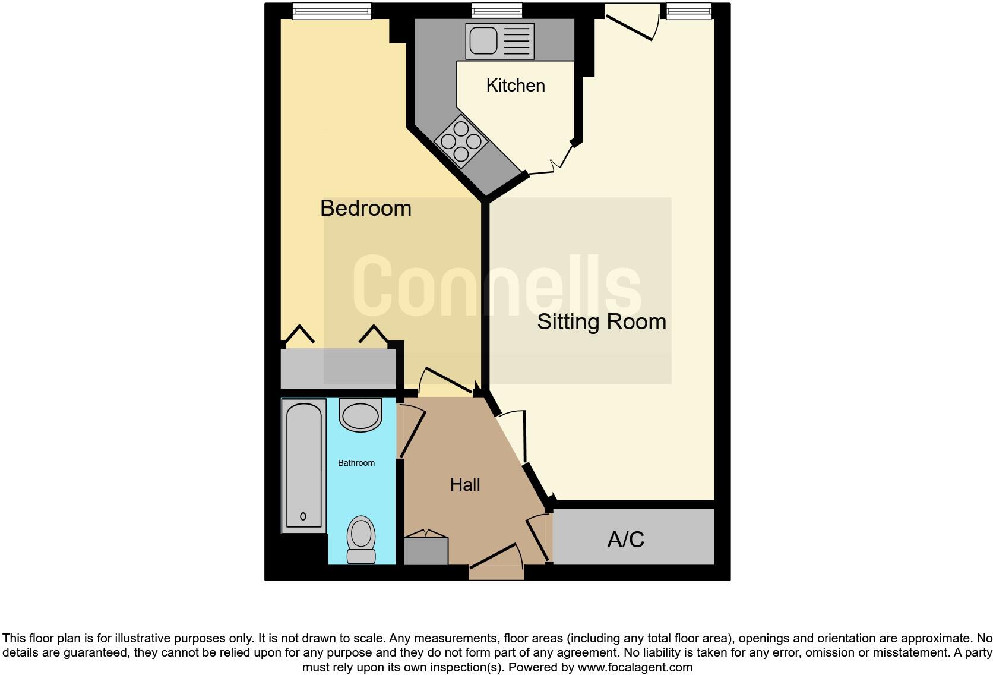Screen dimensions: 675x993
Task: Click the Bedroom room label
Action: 365,209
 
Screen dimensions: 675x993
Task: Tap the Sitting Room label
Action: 601,322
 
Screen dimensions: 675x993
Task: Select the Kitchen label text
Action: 515,86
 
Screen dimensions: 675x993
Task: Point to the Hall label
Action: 465,485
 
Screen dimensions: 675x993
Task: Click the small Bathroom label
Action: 356,463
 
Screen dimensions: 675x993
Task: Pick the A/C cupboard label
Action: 626,540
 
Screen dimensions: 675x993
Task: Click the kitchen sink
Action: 491,41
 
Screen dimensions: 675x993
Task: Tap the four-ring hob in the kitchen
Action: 461,141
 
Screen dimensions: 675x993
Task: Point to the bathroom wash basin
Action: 360,415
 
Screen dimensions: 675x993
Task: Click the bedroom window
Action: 332,11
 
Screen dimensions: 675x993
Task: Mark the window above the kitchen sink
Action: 497,10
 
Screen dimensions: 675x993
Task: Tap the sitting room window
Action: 689,11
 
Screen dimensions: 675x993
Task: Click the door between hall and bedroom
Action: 447,381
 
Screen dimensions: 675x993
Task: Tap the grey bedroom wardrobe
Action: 338,368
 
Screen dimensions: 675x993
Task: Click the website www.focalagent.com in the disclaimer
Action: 635,667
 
